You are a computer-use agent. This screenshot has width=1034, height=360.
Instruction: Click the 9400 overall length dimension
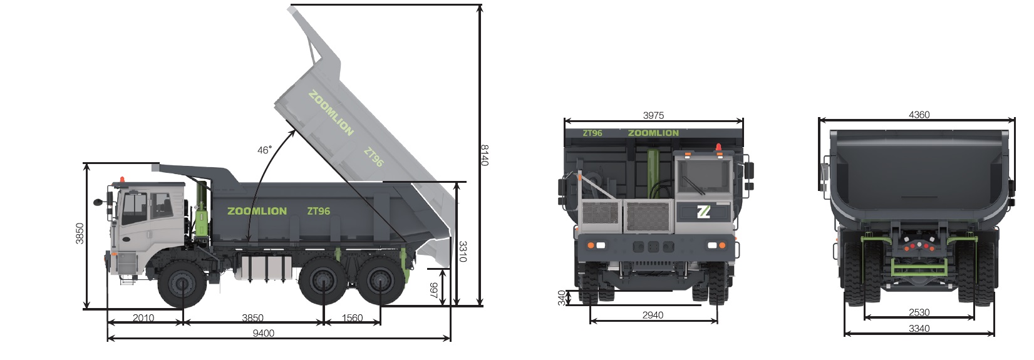(x=264, y=333)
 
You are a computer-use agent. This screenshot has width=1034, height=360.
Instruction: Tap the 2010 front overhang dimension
(x=143, y=318)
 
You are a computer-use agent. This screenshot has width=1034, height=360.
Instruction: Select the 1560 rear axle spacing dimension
(x=352, y=318)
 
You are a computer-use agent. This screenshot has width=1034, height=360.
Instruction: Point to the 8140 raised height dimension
(x=485, y=155)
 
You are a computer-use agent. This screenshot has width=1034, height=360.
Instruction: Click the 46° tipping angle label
(x=264, y=150)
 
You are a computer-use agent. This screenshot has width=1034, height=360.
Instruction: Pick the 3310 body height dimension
(x=463, y=252)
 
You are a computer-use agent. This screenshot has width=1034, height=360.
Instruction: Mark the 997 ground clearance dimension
(x=434, y=291)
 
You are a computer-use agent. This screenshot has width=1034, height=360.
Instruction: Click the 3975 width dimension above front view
(x=654, y=115)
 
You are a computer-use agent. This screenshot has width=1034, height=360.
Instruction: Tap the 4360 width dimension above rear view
(x=919, y=115)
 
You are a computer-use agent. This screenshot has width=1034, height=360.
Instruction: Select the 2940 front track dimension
(x=653, y=315)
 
